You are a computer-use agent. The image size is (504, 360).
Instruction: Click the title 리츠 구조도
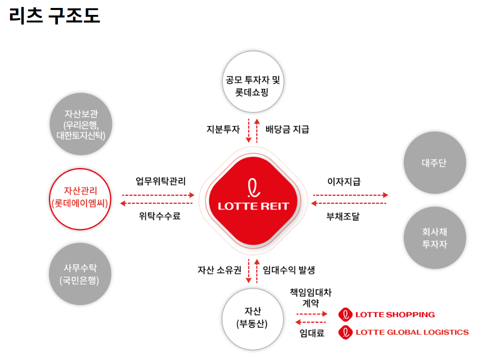point(54,15)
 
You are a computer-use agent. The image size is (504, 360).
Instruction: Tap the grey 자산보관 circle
point(81,124)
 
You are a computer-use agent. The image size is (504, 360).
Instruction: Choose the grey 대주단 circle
point(435,163)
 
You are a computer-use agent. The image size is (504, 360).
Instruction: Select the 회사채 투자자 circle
point(435,238)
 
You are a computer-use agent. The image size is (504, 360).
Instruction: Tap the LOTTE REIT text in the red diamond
point(254,206)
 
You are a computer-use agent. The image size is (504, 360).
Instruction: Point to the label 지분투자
point(223,130)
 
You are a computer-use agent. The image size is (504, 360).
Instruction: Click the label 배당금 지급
point(287,130)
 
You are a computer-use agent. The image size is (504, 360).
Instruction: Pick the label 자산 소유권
point(220,270)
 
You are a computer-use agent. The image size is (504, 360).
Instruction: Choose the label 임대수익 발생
point(289,270)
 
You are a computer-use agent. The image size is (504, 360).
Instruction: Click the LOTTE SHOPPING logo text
point(395,315)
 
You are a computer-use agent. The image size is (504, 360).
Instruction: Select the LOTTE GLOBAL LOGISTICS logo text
point(412,332)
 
